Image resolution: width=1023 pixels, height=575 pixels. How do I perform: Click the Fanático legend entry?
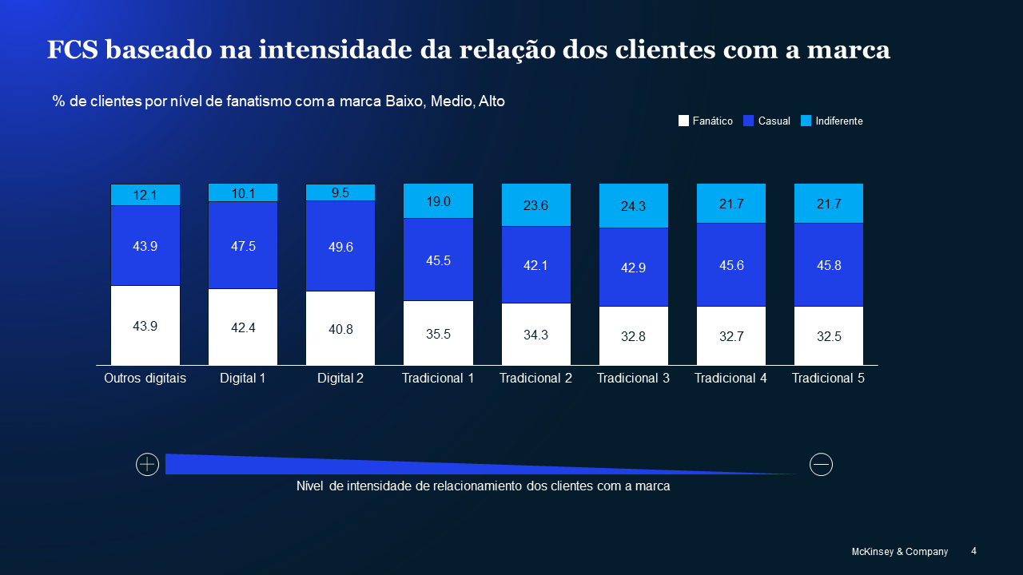[706, 121]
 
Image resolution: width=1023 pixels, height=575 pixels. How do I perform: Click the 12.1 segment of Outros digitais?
[145, 195]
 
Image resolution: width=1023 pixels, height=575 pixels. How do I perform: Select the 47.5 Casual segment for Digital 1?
[243, 245]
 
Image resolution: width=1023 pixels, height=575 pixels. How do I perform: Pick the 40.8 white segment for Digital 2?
[340, 328]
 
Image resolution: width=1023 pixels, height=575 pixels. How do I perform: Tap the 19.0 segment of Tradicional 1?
[438, 201]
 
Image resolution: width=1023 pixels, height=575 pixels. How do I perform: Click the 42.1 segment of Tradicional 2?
[535, 264]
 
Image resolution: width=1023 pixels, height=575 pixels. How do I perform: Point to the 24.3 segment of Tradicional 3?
[633, 206]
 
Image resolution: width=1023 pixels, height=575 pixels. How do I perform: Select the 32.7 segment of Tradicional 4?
[731, 336]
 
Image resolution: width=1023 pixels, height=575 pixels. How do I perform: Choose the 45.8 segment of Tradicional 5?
[829, 264]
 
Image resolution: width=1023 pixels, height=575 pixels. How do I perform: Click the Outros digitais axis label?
[145, 379]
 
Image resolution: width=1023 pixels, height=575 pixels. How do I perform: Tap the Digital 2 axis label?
[340, 379]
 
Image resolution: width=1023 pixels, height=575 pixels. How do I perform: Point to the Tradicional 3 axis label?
[633, 379]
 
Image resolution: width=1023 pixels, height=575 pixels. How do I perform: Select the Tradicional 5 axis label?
[828, 379]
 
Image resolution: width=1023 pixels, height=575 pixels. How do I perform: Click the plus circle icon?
[148, 464]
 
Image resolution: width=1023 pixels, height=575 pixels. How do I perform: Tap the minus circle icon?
[821, 464]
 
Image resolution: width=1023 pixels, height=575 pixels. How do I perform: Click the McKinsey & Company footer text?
[900, 552]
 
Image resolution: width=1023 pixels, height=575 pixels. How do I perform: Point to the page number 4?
[973, 551]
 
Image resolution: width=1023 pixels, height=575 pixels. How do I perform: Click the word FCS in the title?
[73, 50]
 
